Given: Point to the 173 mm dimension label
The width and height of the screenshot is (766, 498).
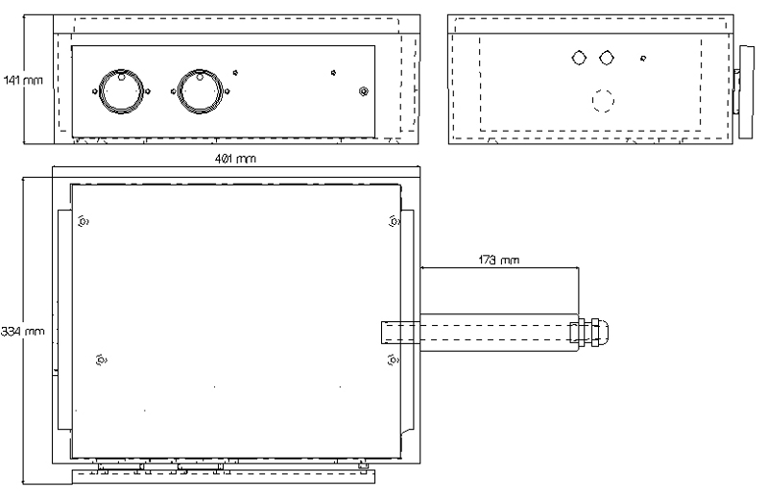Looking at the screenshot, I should [497, 260].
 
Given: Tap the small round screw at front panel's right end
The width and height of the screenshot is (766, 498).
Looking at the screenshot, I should [363, 92].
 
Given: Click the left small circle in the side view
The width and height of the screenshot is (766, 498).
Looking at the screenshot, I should [578, 58].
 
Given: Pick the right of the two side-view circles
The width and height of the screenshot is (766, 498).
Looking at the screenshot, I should [606, 58].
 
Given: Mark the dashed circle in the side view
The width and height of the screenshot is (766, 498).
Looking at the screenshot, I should [602, 100].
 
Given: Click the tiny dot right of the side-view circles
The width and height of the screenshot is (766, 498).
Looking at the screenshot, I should [642, 59].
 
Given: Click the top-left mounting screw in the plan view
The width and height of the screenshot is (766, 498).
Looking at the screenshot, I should [83, 222].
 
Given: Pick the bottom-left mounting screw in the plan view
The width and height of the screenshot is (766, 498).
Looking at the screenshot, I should [102, 361].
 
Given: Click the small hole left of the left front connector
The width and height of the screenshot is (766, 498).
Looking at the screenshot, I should [94, 92].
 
